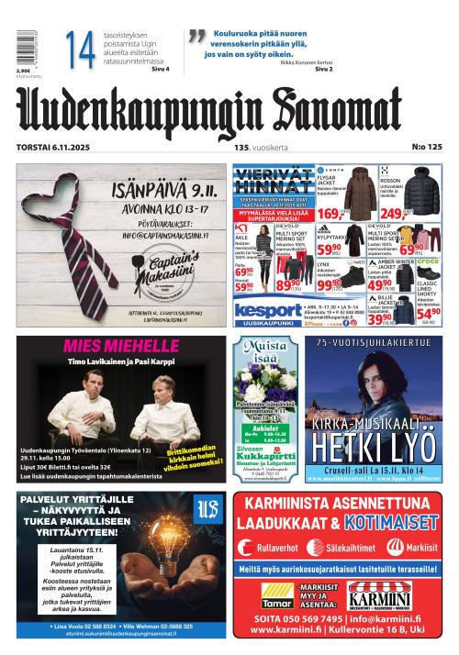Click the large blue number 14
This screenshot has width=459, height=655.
[x=81, y=51]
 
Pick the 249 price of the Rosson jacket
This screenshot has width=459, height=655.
[x=393, y=214]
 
